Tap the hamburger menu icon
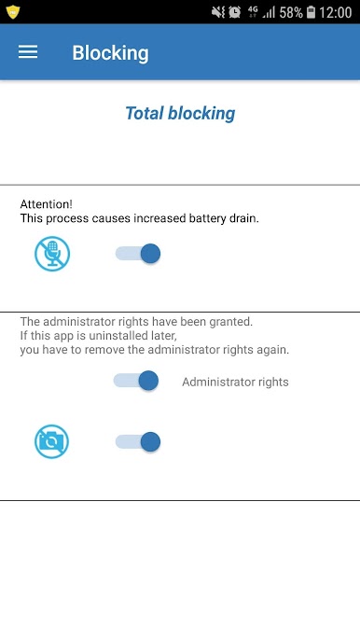point(28,52)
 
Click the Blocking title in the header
point(110,53)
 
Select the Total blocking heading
point(180,114)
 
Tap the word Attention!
point(47,204)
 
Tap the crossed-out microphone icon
point(52,254)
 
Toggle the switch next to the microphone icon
point(138,254)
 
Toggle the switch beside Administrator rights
point(136,381)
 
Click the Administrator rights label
point(235,383)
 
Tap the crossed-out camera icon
point(52,441)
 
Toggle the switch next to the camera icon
point(138,441)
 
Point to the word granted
point(231,322)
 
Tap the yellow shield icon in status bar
point(13,12)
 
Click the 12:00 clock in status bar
point(335,13)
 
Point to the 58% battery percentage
point(291,13)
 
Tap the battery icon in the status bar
point(311,13)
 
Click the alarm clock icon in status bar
point(235,12)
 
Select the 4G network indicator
point(252,12)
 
